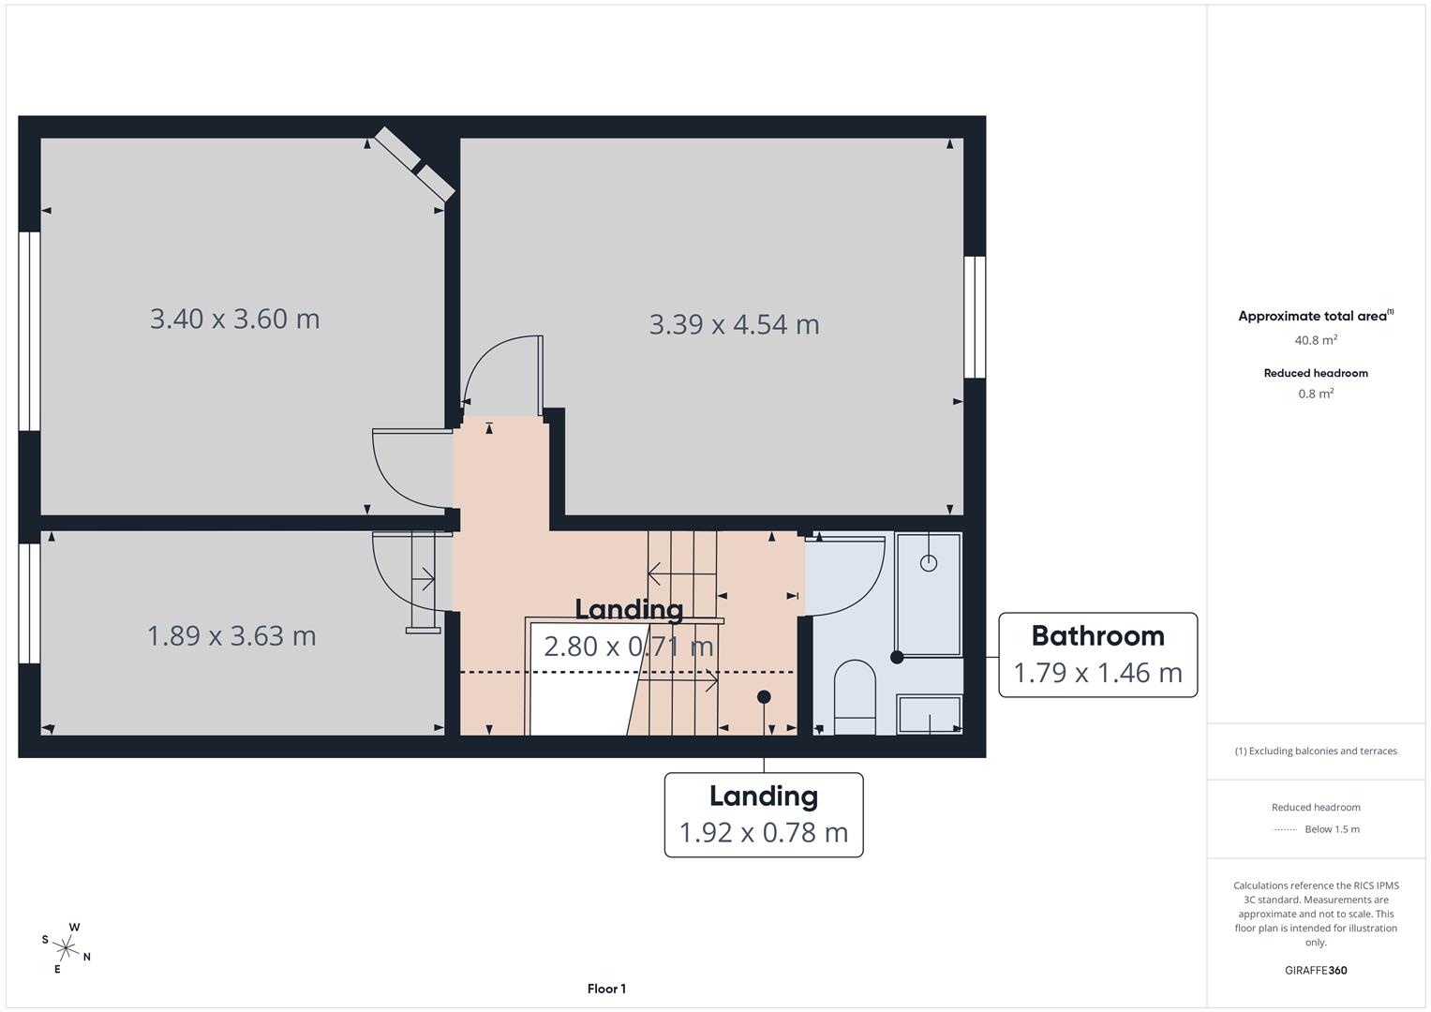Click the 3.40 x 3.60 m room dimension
click(234, 319)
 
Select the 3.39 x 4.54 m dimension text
click(734, 324)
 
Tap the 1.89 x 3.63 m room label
click(231, 636)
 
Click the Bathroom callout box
click(1097, 655)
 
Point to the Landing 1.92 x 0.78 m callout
click(763, 814)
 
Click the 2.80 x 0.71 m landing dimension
click(628, 647)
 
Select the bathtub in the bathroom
click(928, 594)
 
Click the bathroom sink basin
click(929, 714)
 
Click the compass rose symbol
click(67, 948)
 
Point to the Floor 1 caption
click(606, 989)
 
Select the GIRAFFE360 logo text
click(1315, 970)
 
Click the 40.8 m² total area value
click(1315, 340)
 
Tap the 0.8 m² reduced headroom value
click(1315, 394)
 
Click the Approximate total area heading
click(1315, 316)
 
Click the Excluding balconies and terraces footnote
click(1315, 751)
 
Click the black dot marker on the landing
click(764, 696)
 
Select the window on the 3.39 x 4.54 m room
click(975, 317)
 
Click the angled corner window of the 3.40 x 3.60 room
click(414, 164)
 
